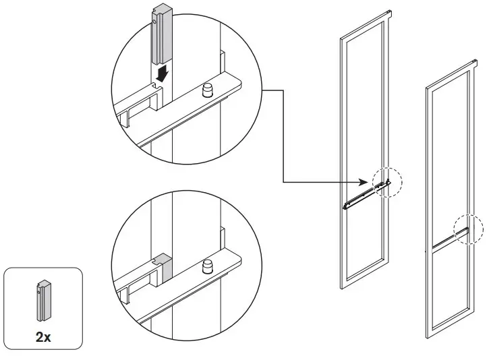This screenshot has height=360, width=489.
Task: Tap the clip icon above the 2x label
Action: click(x=43, y=301)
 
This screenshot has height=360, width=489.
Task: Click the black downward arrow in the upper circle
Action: click(x=160, y=72)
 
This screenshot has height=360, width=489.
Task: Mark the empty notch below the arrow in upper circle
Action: click(x=159, y=86)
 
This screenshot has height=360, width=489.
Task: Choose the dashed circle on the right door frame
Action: click(x=468, y=229)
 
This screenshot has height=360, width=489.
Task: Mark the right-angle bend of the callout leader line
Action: click(x=282, y=181)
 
